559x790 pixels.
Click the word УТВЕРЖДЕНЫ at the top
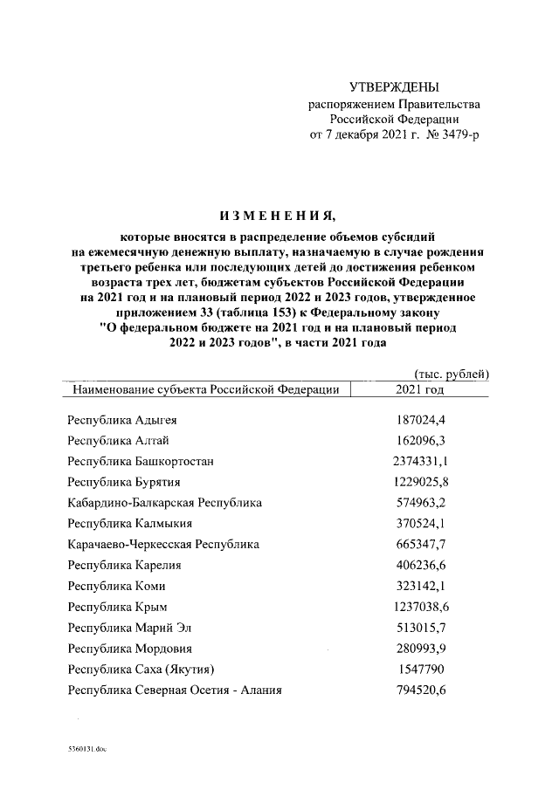pyautogui.click(x=394, y=87)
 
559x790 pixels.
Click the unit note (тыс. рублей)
pyautogui.click(x=450, y=374)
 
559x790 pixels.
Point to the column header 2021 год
pyautogui.click(x=421, y=389)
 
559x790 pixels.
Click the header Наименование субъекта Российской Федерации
pyautogui.click(x=206, y=389)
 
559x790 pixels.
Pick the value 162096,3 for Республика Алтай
pyautogui.click(x=421, y=441)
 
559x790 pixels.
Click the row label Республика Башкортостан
pyautogui.click(x=141, y=461)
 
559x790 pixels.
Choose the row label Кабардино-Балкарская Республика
pyautogui.click(x=165, y=503)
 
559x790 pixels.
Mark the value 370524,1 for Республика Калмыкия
pyautogui.click(x=421, y=524)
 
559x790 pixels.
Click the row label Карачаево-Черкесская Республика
pyautogui.click(x=163, y=545)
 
